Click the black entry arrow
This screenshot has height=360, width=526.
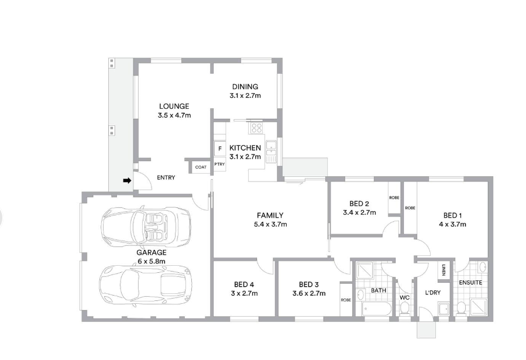pyautogui.click(x=127, y=181)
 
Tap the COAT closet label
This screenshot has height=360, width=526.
pyautogui.click(x=201, y=167)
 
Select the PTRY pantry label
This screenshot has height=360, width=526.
pyautogui.click(x=219, y=164)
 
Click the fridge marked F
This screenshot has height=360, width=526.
pyautogui.click(x=220, y=149)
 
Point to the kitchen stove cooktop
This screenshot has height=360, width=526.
pyautogui.click(x=257, y=128)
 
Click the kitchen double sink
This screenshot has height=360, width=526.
pyautogui.click(x=271, y=152)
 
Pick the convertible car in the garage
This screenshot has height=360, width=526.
pyautogui.click(x=146, y=226)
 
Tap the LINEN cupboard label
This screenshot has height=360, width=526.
pyautogui.click(x=444, y=270)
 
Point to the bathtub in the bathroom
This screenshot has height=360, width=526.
pyautogui.click(x=376, y=308)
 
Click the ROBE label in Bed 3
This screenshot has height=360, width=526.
pyautogui.click(x=346, y=300)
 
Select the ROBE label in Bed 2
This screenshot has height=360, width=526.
pyautogui.click(x=394, y=198)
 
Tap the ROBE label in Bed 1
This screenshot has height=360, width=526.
pyautogui.click(x=410, y=208)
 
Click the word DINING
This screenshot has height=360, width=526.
pyautogui.click(x=245, y=87)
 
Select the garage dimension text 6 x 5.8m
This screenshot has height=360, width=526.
pyautogui.click(x=152, y=261)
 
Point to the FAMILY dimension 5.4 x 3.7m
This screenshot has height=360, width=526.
pyautogui.click(x=270, y=224)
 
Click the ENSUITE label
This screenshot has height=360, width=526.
pyautogui.click(x=470, y=283)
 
